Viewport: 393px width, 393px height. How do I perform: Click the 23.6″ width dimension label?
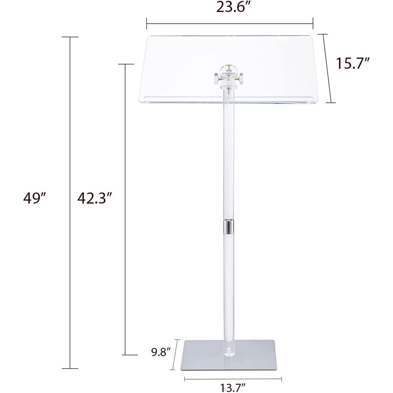(x=229, y=8)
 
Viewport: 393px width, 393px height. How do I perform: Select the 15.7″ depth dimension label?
(x=353, y=63)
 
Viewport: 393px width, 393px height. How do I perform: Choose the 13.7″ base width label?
(x=234, y=387)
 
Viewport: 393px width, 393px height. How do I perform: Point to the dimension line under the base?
(x=233, y=378)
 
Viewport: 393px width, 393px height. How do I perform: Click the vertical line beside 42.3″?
(x=126, y=209)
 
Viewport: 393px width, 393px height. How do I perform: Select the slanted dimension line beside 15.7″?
(x=328, y=68)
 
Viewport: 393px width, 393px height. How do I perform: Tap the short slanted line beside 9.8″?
(x=175, y=356)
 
